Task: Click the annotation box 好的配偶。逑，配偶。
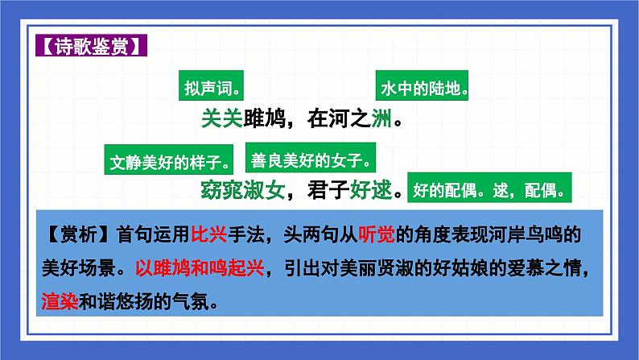click(x=490, y=191)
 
